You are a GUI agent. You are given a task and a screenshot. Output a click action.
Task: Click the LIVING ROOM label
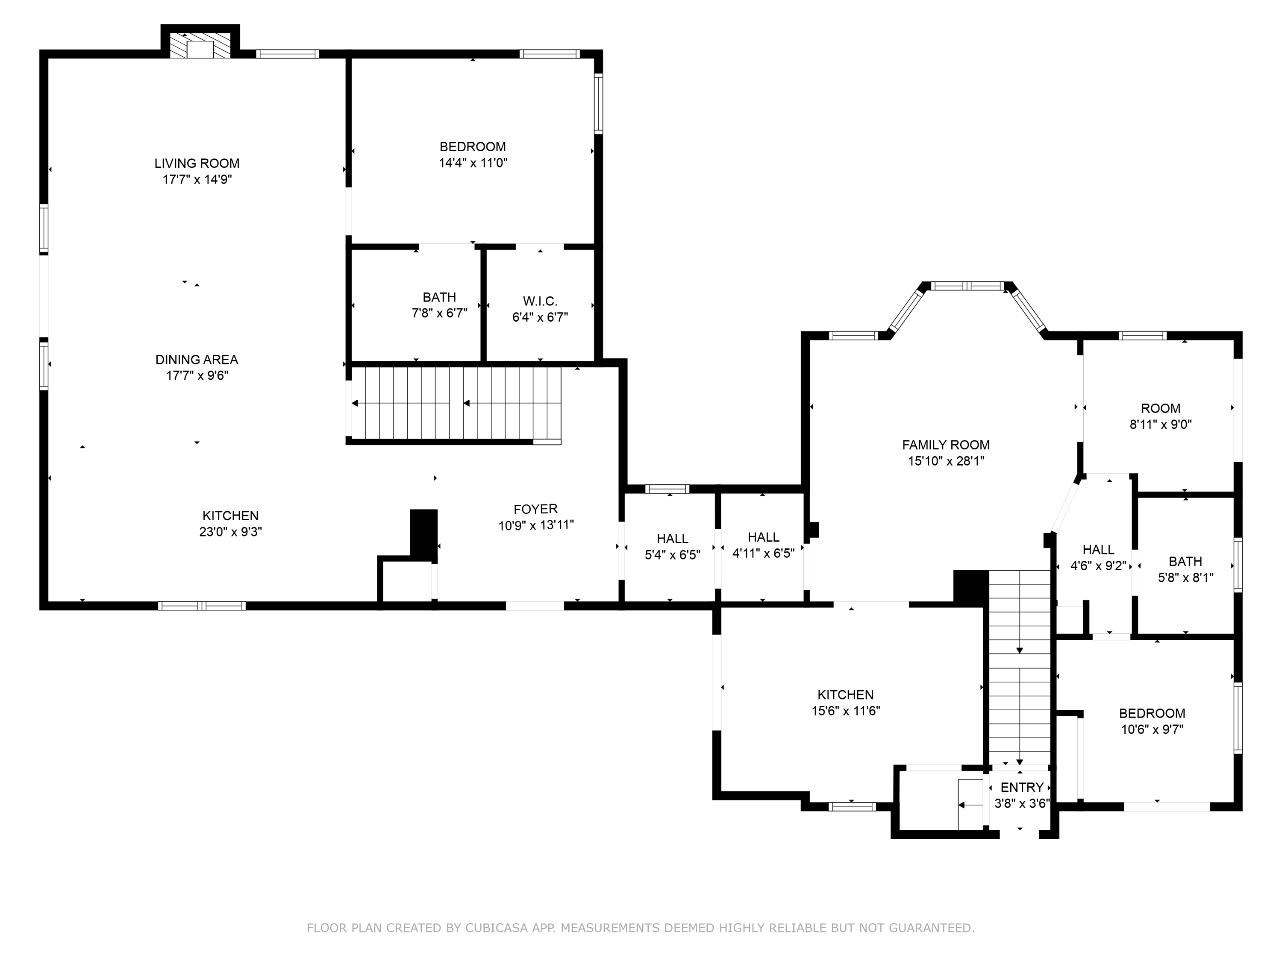coord(197,163)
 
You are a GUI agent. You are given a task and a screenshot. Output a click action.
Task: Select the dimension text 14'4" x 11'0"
coord(473,163)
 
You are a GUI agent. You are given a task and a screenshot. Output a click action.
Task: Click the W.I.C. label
coord(540,301)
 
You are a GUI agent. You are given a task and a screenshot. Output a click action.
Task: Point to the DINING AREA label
coord(197,360)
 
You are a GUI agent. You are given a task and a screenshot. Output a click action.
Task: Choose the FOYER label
coord(535,509)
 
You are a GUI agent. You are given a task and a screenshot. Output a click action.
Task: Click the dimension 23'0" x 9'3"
coord(231,532)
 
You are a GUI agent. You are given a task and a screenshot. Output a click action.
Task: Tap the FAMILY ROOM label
coord(946,445)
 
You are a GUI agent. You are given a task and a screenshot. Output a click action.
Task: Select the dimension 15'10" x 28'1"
coord(946,461)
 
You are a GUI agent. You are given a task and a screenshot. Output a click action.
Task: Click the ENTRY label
coord(1022,787)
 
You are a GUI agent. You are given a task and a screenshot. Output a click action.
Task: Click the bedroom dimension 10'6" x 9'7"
coord(1152,730)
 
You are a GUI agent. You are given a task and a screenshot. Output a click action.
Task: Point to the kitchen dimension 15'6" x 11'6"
coord(846,711)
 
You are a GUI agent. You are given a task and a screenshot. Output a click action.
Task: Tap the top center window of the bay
coord(967,286)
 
